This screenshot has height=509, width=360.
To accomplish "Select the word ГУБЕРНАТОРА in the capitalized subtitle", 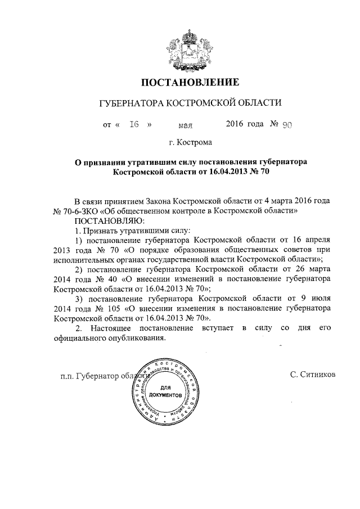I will pos(129,104).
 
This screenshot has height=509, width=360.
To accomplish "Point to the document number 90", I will pos(271,125).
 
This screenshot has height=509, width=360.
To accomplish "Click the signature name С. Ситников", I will pos(313,373).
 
